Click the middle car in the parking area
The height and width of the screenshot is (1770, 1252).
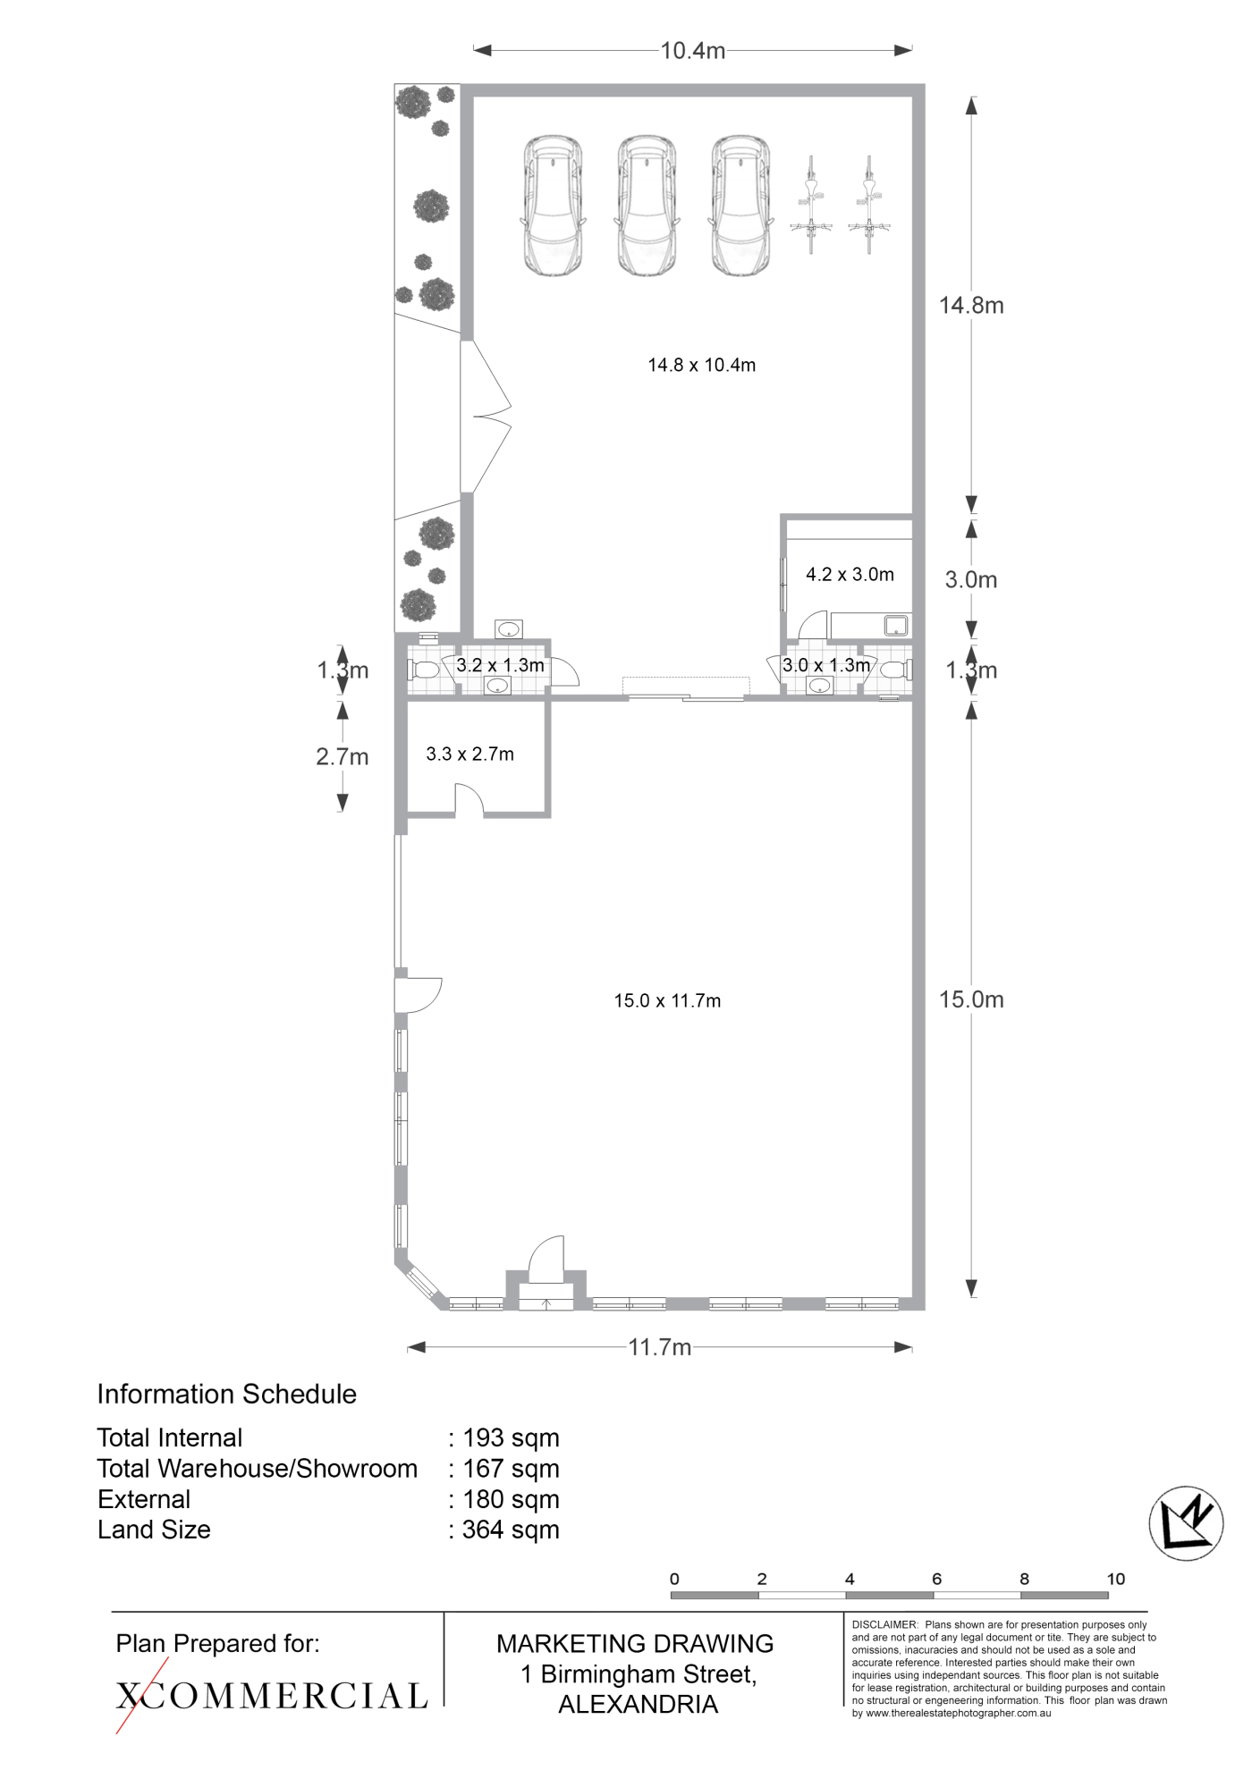(x=647, y=206)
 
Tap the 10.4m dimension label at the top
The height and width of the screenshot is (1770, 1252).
(x=692, y=51)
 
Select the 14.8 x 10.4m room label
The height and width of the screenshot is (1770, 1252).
(x=702, y=365)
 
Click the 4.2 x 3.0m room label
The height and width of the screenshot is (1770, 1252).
(x=850, y=575)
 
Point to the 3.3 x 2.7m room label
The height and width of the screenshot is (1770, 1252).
(x=470, y=754)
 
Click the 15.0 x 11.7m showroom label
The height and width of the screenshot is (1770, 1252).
(x=667, y=1001)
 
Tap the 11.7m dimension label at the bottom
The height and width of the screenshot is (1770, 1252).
(x=660, y=1347)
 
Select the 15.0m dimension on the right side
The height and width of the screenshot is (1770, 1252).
(x=971, y=999)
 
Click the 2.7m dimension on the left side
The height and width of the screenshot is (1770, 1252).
(x=343, y=757)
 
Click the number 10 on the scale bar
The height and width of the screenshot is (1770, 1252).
(x=1115, y=1579)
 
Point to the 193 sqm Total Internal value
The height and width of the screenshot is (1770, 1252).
(x=511, y=1438)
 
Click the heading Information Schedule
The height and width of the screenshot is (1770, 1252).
(x=227, y=1394)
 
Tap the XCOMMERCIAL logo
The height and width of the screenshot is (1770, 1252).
(x=272, y=1696)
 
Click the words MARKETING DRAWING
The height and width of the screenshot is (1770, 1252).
(x=635, y=1643)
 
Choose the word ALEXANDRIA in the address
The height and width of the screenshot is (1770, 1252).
(x=639, y=1705)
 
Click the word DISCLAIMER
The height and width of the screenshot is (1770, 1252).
(x=884, y=1624)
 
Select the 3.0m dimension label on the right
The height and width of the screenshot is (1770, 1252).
(x=971, y=580)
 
